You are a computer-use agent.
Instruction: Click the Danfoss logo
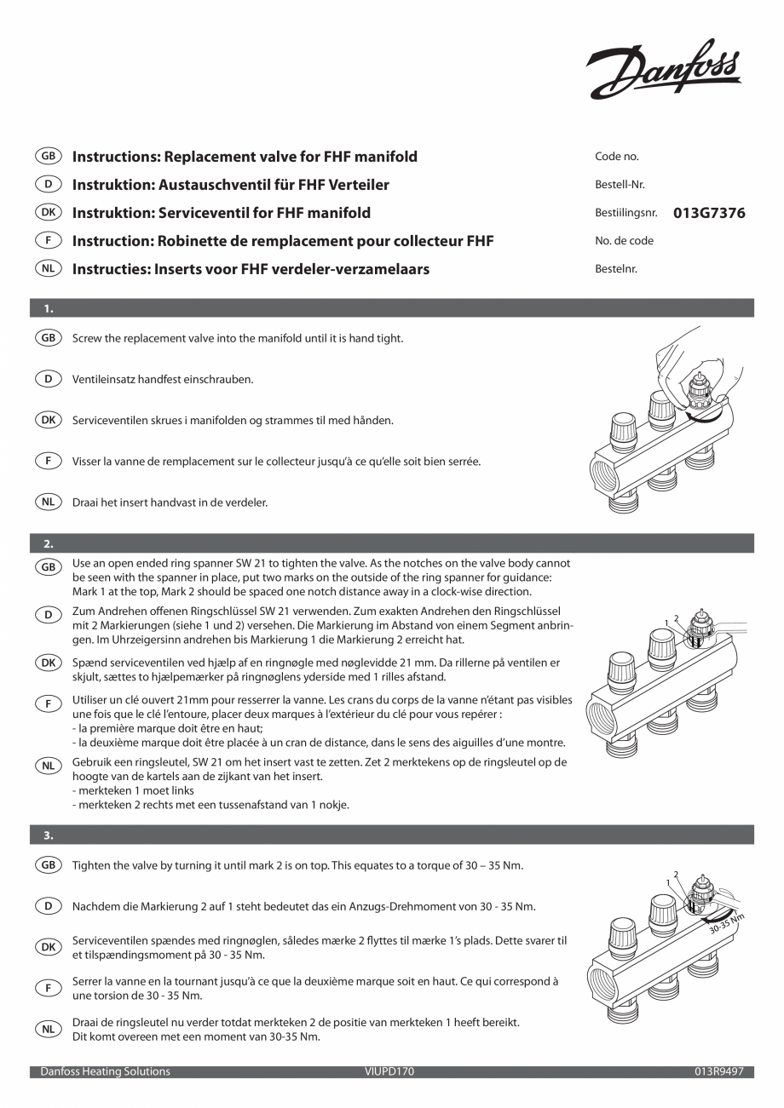(665, 70)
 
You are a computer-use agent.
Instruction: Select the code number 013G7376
(709, 213)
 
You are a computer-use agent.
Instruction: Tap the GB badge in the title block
(49, 157)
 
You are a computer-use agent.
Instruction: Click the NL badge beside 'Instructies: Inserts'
(49, 269)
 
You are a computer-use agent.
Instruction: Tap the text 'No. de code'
(624, 241)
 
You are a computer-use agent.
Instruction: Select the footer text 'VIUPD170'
(389, 1071)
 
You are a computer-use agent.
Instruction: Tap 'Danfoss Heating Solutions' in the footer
(105, 1071)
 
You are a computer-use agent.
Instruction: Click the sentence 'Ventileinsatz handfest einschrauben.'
(163, 379)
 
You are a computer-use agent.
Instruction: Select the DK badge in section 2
(49, 662)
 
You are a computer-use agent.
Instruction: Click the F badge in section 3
(49, 988)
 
